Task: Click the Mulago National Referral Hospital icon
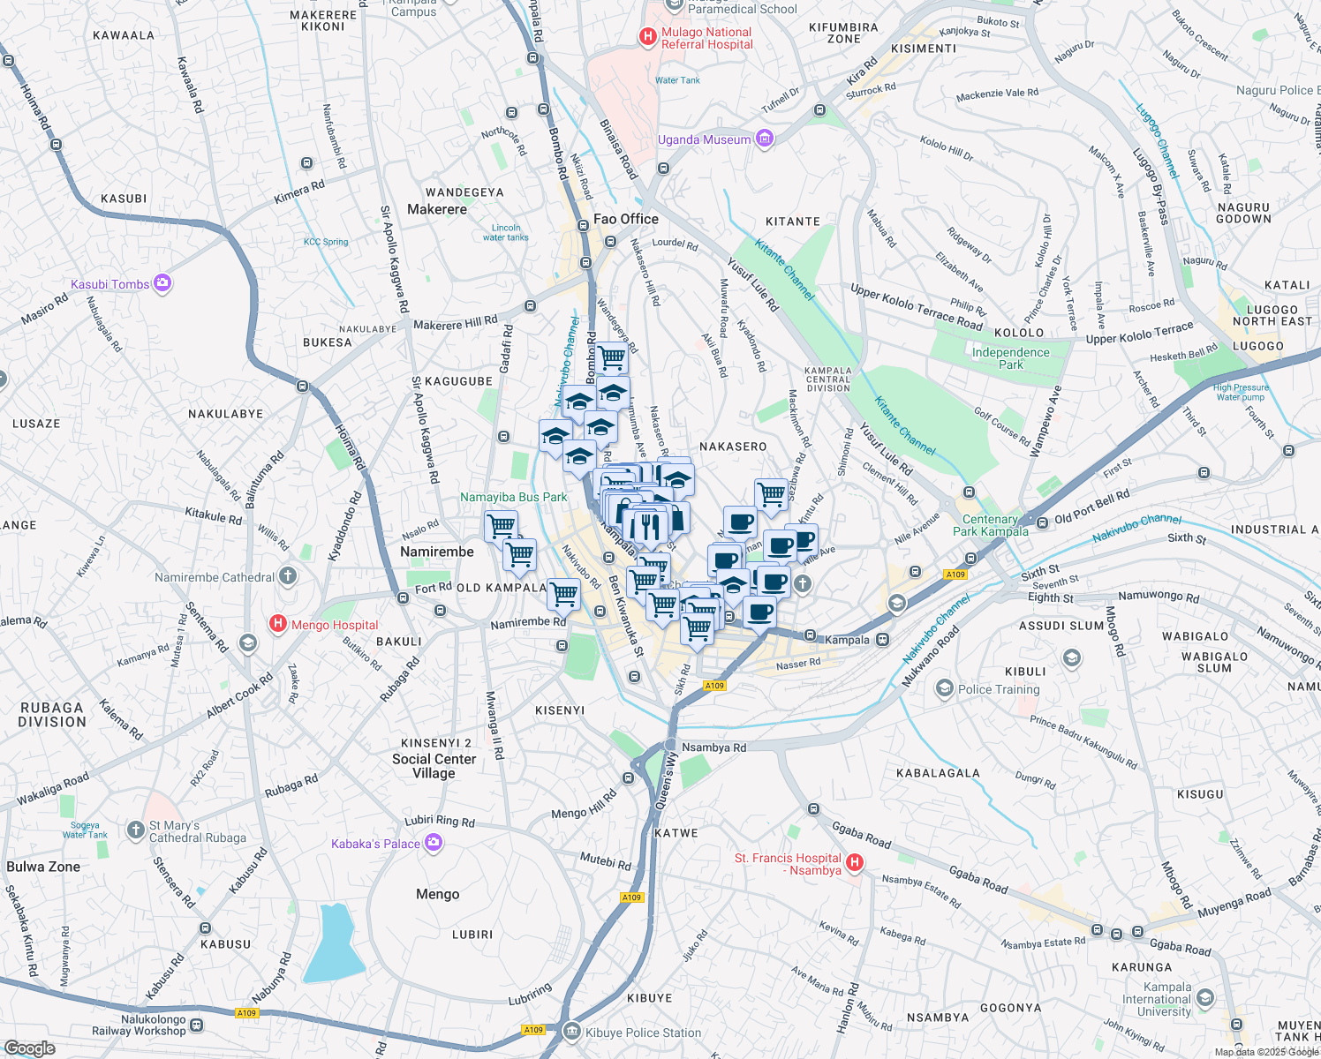click(x=647, y=37)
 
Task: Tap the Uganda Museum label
click(x=704, y=139)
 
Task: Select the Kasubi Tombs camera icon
click(x=162, y=283)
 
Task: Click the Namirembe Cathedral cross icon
click(x=287, y=577)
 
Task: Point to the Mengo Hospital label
click(x=335, y=625)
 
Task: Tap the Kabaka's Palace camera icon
click(x=433, y=843)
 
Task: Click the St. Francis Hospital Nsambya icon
click(x=854, y=862)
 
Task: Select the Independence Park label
click(x=1010, y=358)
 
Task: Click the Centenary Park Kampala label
click(x=990, y=525)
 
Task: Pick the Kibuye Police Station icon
click(x=571, y=1031)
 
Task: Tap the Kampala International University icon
click(x=1205, y=998)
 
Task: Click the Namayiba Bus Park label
click(x=513, y=497)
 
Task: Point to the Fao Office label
click(x=626, y=219)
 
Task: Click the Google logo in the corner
click(x=29, y=1048)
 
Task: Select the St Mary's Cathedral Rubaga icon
click(x=135, y=830)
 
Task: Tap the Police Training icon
click(x=944, y=688)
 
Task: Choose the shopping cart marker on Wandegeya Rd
click(x=611, y=358)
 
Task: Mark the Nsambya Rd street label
click(x=713, y=747)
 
